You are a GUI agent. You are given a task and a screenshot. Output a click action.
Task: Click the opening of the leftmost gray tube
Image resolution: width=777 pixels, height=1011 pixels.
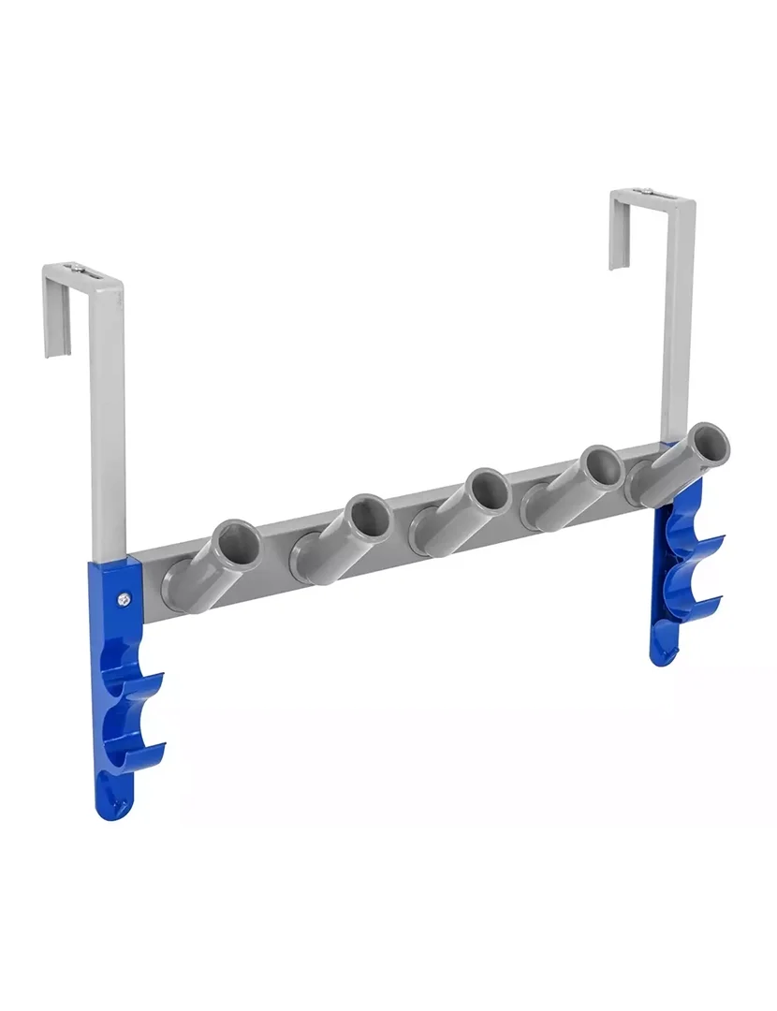(x=238, y=541)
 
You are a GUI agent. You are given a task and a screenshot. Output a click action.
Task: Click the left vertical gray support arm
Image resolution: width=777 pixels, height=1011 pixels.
(x=108, y=421)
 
